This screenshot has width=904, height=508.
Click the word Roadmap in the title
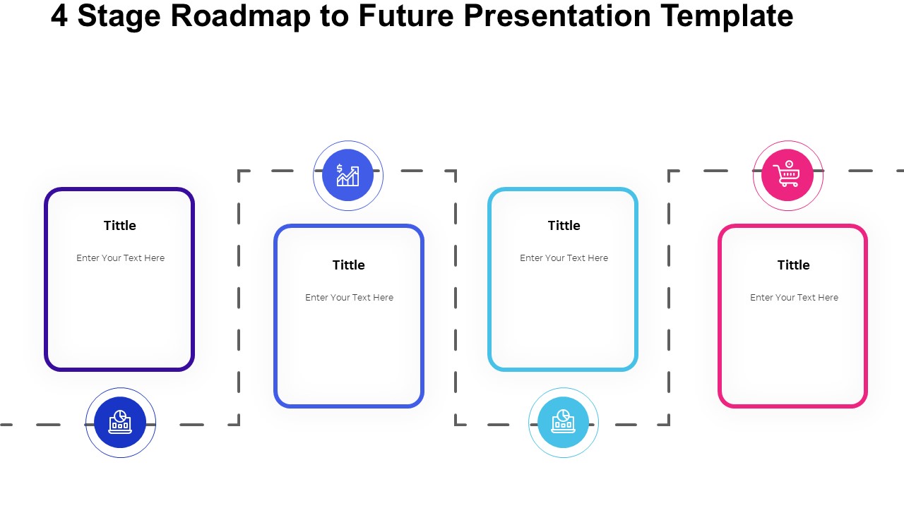[240, 16]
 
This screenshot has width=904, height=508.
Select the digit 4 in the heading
[59, 16]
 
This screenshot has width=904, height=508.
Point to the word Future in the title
[406, 16]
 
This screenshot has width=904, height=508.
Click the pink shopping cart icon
[787, 175]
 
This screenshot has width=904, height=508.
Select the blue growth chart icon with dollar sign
[347, 175]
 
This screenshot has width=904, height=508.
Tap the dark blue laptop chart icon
[120, 422]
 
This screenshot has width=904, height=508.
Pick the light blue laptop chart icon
[563, 422]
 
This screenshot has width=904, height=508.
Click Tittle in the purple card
[120, 225]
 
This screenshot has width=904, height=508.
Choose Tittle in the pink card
[793, 265]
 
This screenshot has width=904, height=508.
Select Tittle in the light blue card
[564, 225]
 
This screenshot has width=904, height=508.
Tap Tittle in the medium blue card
[349, 265]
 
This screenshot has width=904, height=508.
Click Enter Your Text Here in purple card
[120, 258]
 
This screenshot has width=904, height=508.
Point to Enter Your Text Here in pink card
[795, 298]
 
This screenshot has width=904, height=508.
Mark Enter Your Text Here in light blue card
[564, 258]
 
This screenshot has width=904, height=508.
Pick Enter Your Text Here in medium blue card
[349, 298]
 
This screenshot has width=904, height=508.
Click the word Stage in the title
[119, 17]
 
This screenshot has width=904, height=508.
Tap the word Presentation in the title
[557, 16]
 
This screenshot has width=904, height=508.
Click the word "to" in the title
[334, 17]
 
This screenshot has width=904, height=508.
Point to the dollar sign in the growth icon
[340, 168]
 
